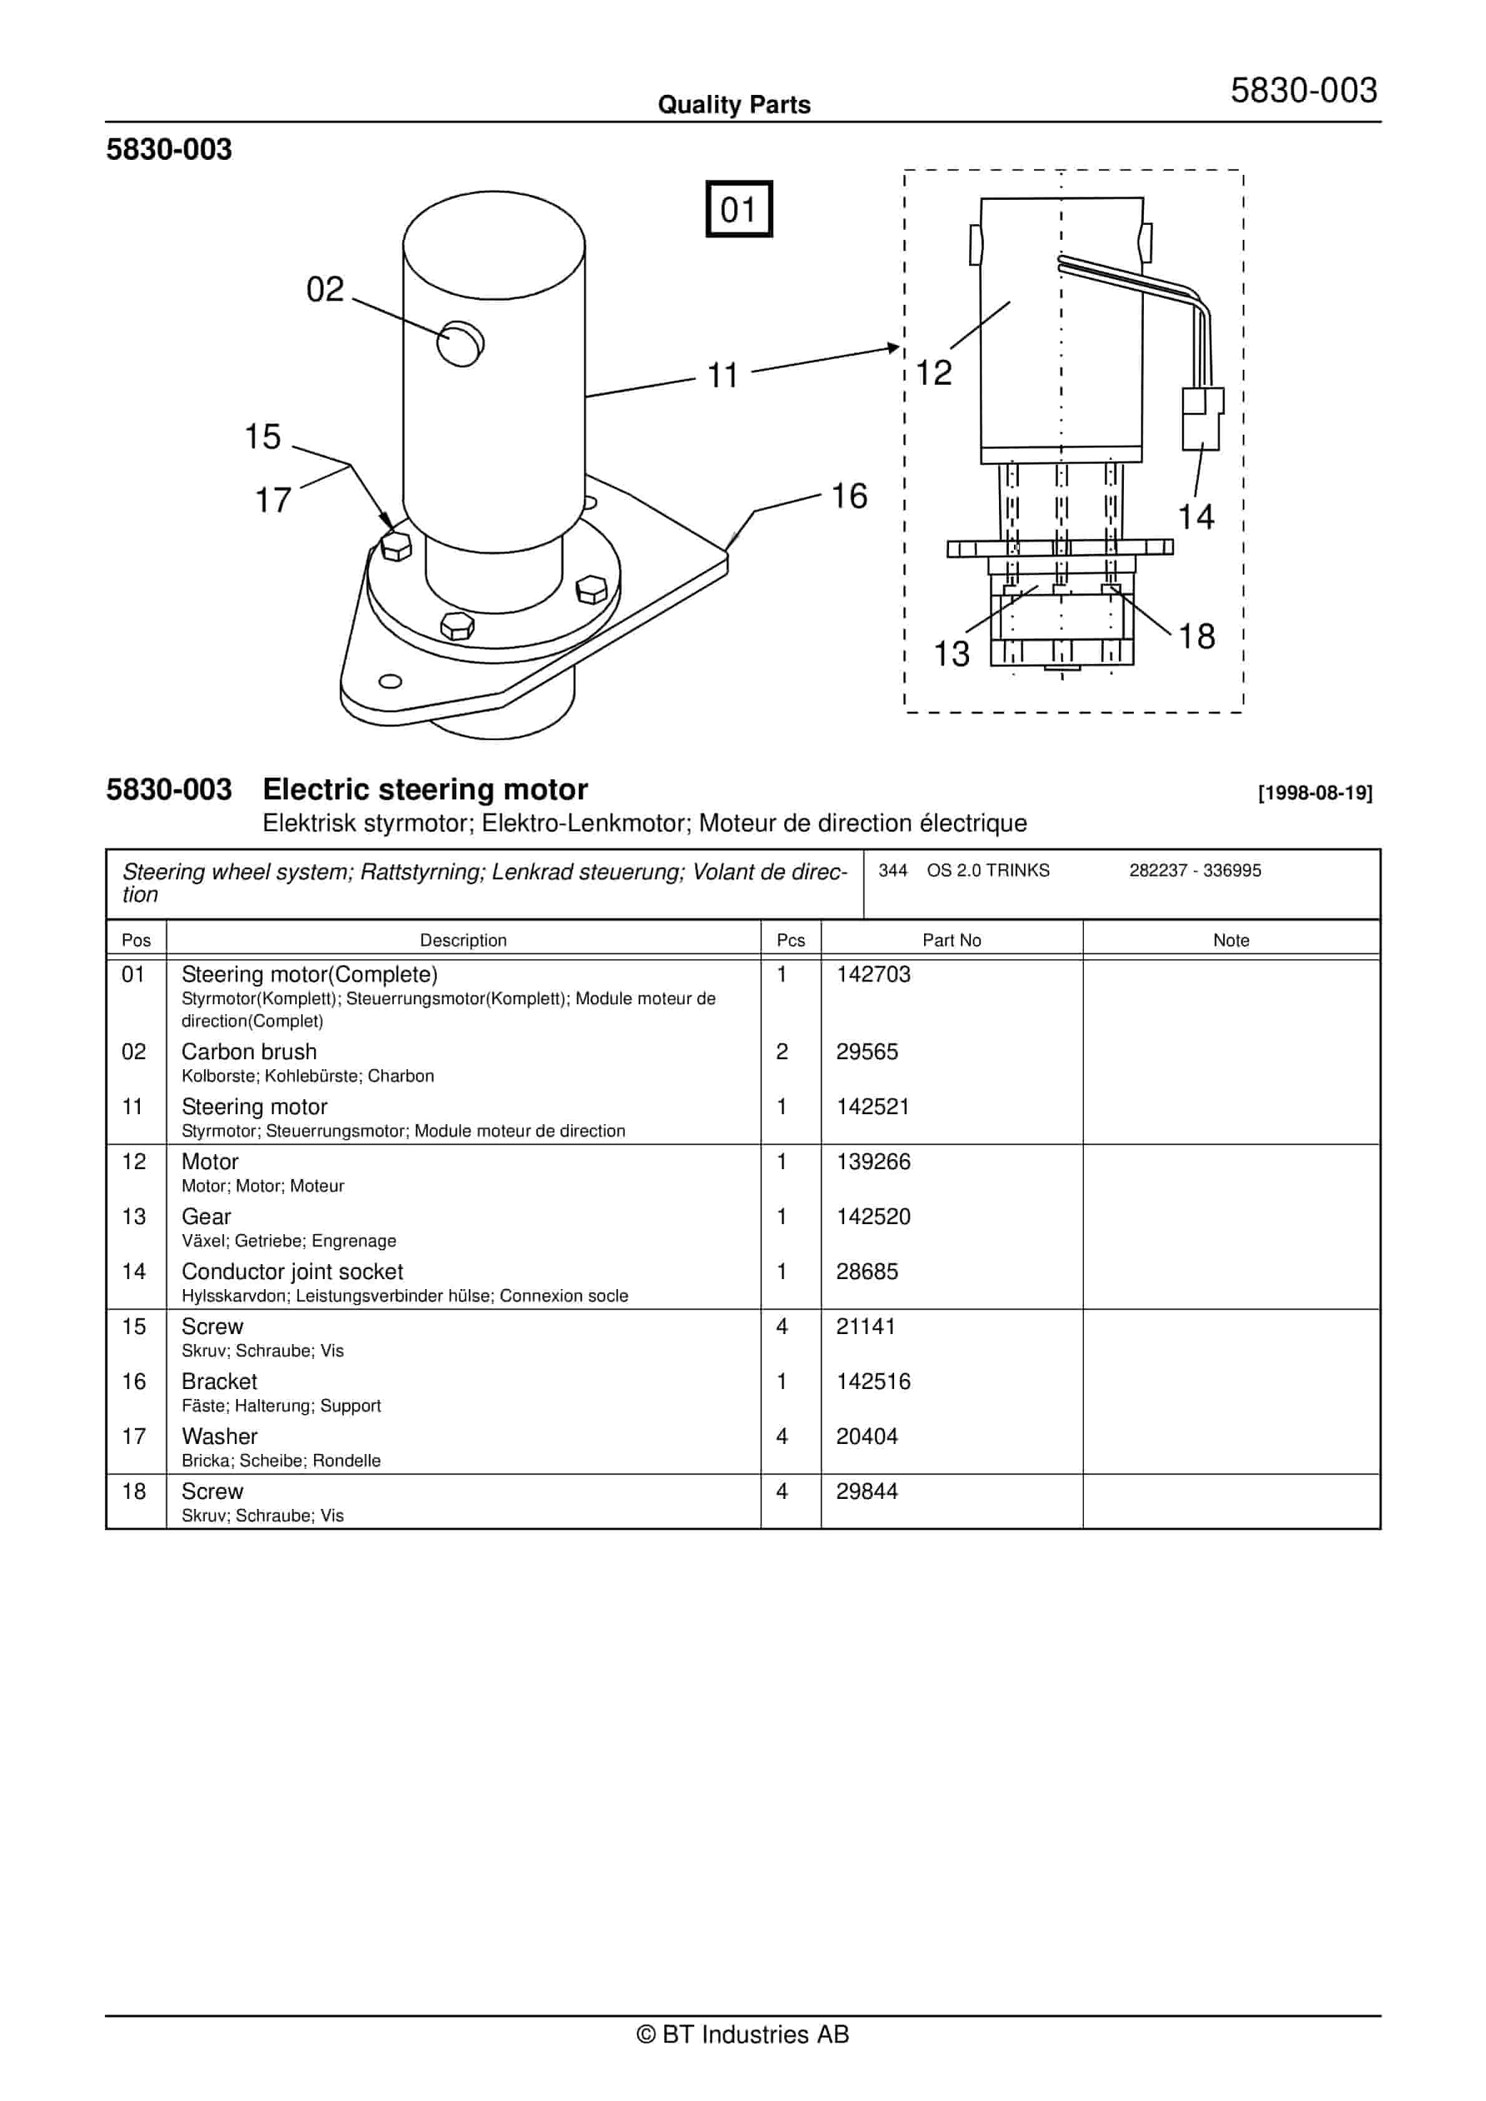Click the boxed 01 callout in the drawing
click(739, 210)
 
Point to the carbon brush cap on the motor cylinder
click(460, 344)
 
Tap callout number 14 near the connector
click(1195, 517)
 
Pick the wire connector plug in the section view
click(1201, 418)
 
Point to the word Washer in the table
click(220, 1436)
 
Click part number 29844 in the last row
click(867, 1491)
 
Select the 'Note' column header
click(1231, 940)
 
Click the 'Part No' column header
click(952, 940)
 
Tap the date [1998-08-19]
click(1315, 793)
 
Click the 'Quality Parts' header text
click(734, 104)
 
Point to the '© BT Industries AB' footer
click(742, 2034)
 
